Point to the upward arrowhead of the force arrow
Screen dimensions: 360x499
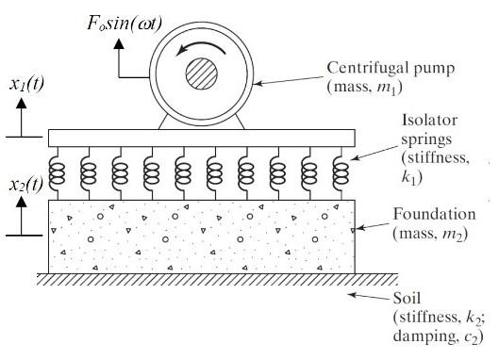(119, 43)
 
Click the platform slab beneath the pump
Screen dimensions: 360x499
(203, 137)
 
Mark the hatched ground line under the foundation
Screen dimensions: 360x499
(203, 279)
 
